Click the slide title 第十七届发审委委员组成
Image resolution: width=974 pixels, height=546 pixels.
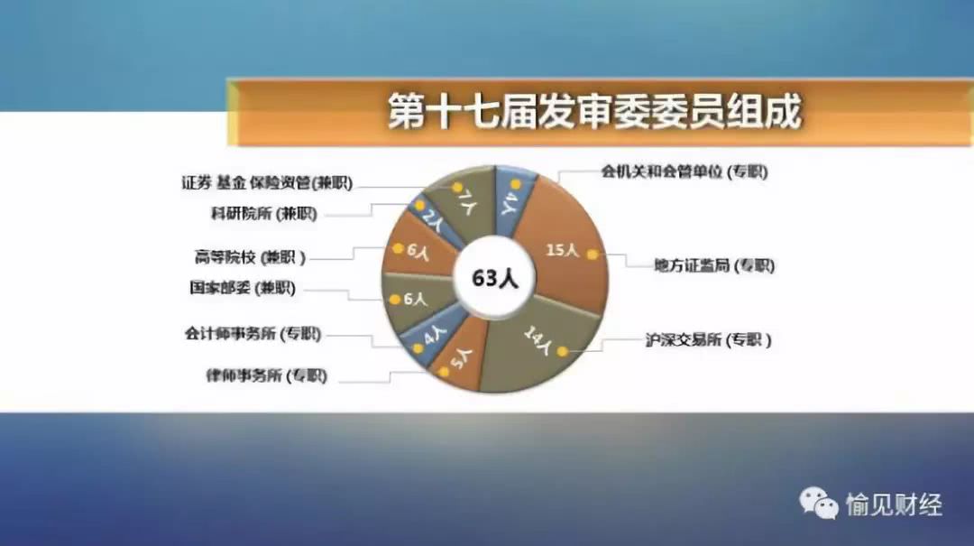click(594, 112)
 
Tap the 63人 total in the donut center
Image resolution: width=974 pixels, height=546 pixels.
click(494, 278)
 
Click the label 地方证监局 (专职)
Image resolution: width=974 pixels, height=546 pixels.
click(713, 265)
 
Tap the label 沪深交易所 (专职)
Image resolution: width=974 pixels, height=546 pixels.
click(708, 340)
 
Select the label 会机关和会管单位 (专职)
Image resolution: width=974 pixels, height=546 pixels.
click(685, 171)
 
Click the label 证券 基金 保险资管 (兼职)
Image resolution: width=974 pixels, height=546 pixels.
click(267, 183)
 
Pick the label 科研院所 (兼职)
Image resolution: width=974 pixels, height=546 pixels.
click(264, 214)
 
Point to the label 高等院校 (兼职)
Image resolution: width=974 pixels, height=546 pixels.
click(251, 257)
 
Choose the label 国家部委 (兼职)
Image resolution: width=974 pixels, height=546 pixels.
click(243, 288)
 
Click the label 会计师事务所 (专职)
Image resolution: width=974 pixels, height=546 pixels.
click(253, 334)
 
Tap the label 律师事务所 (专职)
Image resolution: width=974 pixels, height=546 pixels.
click(266, 375)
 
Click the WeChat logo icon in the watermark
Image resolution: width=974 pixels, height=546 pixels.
click(818, 502)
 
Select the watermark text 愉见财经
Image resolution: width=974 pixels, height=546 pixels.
click(894, 504)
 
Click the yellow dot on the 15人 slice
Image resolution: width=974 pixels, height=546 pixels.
click(593, 254)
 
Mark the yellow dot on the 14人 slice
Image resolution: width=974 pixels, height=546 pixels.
click(562, 351)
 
